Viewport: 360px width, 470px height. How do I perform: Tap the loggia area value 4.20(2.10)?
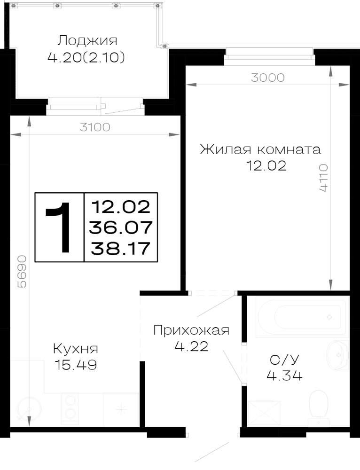[86, 57]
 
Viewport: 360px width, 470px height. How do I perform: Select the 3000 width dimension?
[268, 78]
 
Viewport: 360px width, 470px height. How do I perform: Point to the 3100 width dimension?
[95, 127]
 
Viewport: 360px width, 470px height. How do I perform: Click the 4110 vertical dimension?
[323, 178]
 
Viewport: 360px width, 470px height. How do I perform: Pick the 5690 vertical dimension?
[22, 272]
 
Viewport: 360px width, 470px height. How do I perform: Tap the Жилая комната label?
[260, 149]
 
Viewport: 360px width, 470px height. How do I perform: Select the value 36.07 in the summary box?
[121, 227]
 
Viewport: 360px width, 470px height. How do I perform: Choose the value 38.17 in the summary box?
[120, 249]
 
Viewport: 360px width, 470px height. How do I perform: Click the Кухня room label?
[76, 349]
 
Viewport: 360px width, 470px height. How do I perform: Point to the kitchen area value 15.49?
[76, 365]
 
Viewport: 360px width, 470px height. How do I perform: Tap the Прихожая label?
[191, 330]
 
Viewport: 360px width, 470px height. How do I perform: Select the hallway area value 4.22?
[191, 346]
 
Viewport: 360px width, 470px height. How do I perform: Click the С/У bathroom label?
[284, 360]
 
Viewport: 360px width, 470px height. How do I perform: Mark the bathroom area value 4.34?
[284, 375]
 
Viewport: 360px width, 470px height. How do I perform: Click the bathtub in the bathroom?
[300, 316]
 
